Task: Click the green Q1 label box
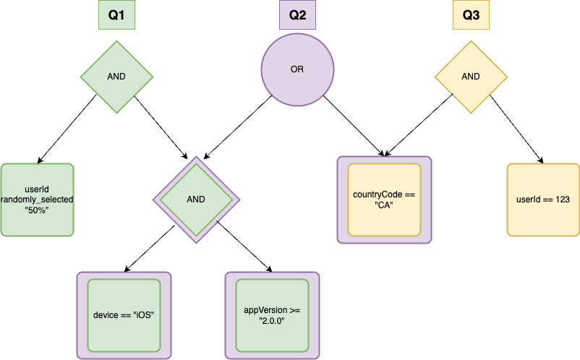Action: click(x=116, y=14)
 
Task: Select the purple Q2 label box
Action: click(x=297, y=14)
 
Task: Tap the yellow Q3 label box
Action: click(x=470, y=14)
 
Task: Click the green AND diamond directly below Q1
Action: click(x=116, y=76)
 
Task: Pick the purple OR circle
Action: click(x=297, y=70)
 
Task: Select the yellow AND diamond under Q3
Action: click(x=470, y=76)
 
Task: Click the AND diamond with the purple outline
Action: click(x=196, y=200)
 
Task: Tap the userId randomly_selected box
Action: click(x=37, y=200)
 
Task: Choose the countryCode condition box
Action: click(x=384, y=200)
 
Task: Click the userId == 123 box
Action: click(x=543, y=200)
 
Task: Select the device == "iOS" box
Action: click(x=124, y=315)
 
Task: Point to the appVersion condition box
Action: click(x=272, y=315)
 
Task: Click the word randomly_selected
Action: click(x=37, y=200)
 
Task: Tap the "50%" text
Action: click(x=37, y=210)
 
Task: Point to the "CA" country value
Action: click(x=384, y=205)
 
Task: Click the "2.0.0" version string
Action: click(x=272, y=320)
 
